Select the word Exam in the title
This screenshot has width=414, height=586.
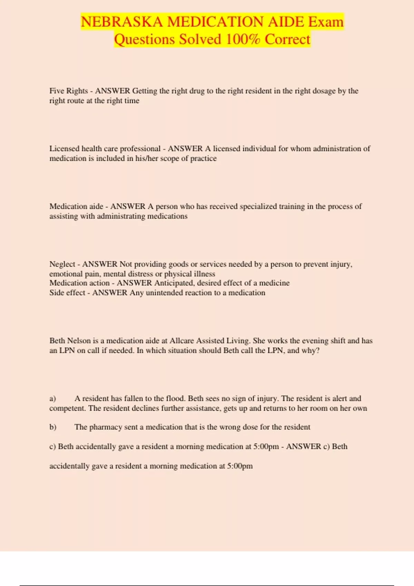point(326,22)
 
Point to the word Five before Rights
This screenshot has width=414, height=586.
point(57,91)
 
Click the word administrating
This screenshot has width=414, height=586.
point(121,216)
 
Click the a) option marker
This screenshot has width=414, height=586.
point(52,398)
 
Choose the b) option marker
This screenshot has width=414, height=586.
point(52,427)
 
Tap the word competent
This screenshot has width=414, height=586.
point(67,408)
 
